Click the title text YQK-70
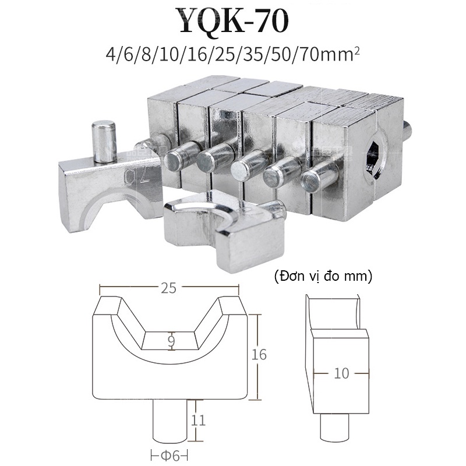tap(233, 22)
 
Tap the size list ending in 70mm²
tap(233, 57)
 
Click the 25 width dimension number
tap(170, 287)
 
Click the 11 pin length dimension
tap(199, 419)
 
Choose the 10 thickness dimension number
tap(341, 373)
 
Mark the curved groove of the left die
tap(111, 201)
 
